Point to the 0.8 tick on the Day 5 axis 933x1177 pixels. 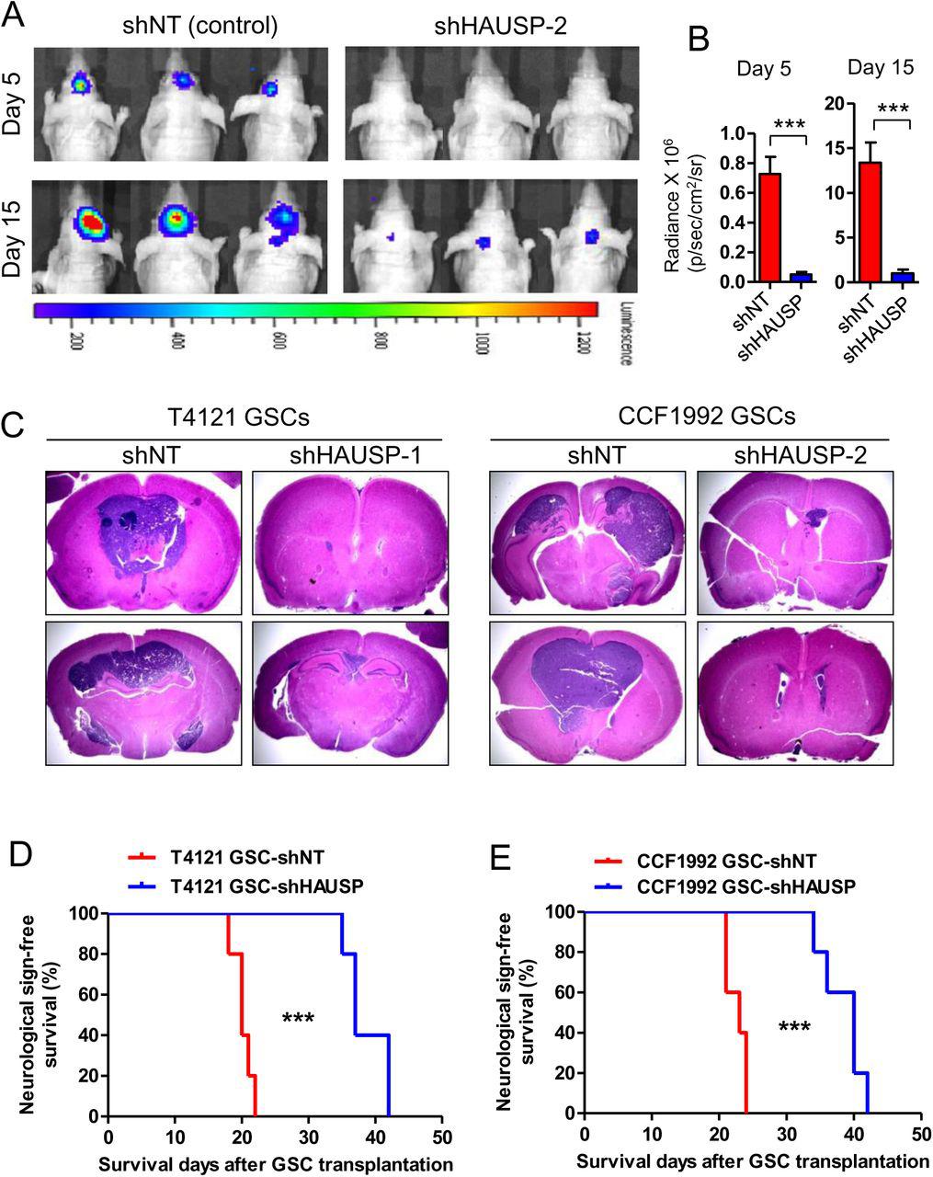coord(734,163)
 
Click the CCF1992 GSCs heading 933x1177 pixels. coord(688,417)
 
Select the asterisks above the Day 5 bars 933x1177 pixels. coord(789,125)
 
